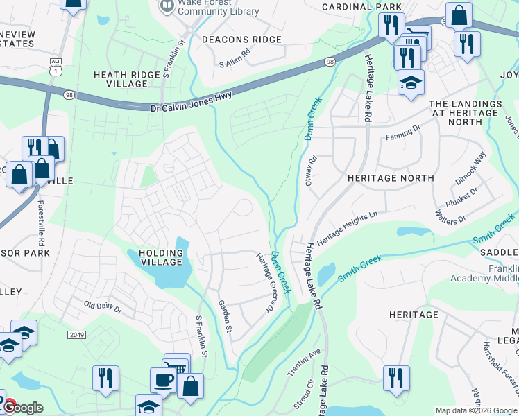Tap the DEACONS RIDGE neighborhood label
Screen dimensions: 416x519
click(x=241, y=40)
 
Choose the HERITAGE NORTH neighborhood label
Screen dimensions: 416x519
click(x=391, y=178)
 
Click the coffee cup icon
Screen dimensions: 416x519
click(x=164, y=381)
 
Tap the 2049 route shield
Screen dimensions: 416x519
click(x=78, y=335)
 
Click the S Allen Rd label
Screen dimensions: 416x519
click(x=234, y=64)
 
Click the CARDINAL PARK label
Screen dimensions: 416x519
click(x=361, y=7)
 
